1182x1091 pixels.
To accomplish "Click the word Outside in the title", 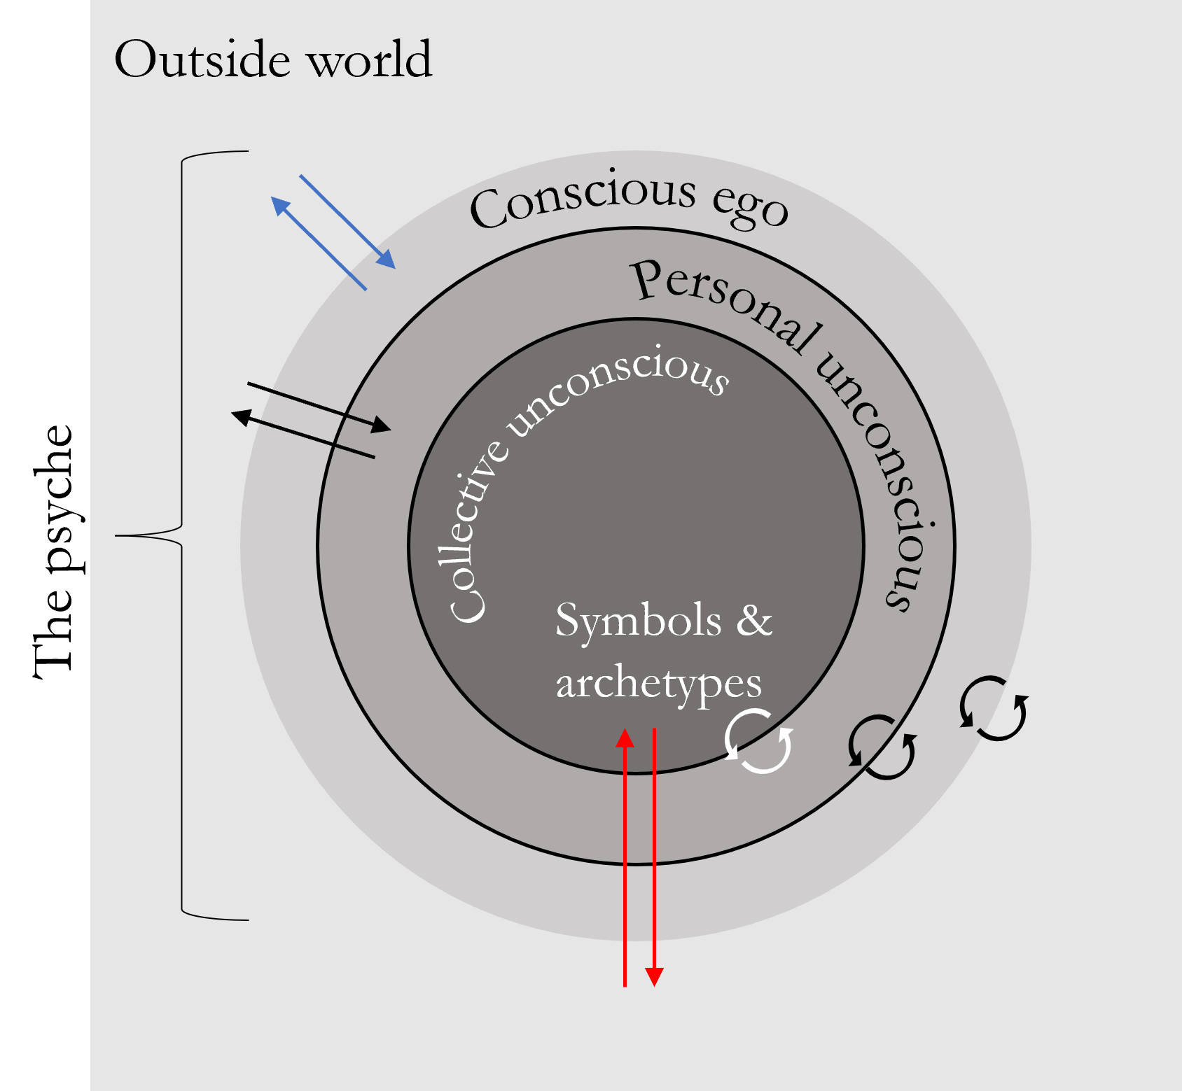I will coord(202,60).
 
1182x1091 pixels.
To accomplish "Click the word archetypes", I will coord(658,683).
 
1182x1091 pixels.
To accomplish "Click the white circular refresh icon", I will coord(758,741).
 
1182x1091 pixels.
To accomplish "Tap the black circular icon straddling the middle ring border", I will coord(882,747).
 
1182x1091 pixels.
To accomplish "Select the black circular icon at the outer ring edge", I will coord(994,708).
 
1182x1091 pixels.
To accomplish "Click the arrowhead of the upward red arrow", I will coord(625,738).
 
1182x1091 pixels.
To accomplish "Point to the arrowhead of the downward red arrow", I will coord(654,977).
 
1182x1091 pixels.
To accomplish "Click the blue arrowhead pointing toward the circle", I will coord(386,259).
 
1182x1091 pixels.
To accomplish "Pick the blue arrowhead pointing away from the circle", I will coord(280,206).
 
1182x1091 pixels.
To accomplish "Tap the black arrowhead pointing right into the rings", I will coord(381,425).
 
